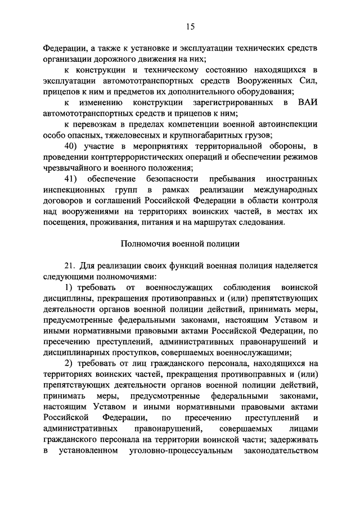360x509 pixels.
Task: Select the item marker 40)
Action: [74, 147]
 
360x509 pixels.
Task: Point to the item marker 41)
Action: [74, 179]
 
